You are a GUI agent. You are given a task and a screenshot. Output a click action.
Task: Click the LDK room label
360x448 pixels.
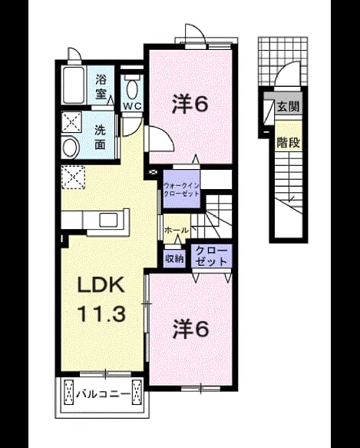coord(101,285)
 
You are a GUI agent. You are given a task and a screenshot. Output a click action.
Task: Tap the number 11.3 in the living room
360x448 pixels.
coord(101,314)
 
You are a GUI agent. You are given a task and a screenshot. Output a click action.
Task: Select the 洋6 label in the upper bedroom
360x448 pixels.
coord(190,105)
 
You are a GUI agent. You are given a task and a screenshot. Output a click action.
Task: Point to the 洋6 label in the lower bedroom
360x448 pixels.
coord(190,329)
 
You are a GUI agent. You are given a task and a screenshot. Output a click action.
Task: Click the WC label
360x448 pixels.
coord(132,106)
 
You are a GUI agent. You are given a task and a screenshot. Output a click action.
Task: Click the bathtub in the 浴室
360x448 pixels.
coord(74,85)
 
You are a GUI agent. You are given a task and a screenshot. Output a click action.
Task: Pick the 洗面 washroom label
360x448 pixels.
coord(101,137)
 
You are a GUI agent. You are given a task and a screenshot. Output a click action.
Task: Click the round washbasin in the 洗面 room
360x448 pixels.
coord(70,148)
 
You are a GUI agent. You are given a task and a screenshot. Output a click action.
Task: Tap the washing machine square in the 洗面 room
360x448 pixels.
coord(72,121)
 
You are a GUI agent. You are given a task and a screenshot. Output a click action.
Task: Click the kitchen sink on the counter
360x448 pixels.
coord(108,221)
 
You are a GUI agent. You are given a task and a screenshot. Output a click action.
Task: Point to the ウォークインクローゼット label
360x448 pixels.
coord(181,190)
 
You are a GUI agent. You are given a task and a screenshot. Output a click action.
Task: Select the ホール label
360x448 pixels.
coord(177,230)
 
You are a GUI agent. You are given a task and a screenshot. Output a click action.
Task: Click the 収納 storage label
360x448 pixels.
coord(175,259)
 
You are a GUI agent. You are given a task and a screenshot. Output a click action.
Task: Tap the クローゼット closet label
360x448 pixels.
coord(211,256)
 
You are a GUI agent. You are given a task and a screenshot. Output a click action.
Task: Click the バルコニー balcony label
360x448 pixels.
coord(103,394)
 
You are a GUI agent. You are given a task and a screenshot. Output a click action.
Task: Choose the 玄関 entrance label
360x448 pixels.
coord(289,107)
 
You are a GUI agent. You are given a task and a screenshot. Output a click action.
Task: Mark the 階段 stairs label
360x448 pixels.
coord(289,142)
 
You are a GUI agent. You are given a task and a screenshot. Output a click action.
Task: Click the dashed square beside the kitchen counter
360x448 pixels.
coord(74,178)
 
